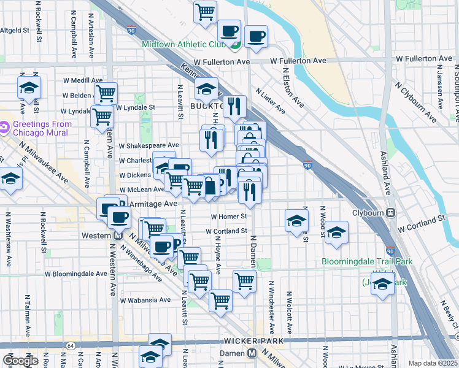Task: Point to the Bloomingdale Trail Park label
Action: coord(367,262)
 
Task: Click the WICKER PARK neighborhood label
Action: coord(253,340)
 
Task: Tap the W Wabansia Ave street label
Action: coord(145,301)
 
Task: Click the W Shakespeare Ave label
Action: coord(148,145)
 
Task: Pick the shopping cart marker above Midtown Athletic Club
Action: coord(205,11)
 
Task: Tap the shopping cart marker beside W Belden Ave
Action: coord(106,93)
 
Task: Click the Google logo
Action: coord(21,361)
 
